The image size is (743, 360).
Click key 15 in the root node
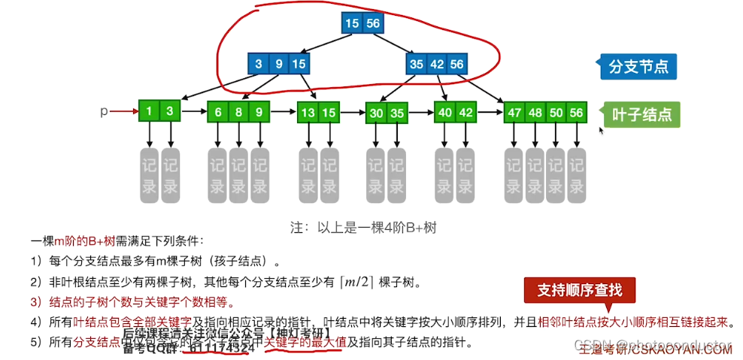coord(352,23)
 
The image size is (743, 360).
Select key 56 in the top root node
coord(373,23)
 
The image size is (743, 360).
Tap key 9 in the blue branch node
coord(279,64)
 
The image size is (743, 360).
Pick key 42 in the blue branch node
coord(436,64)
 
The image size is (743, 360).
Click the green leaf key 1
coord(150,112)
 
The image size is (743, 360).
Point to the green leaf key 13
coord(308,113)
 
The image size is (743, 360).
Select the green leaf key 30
coord(376,113)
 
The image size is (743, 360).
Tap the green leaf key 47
coord(514,113)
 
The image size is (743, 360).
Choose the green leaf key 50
coord(556,113)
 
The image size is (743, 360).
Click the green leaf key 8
coord(238,113)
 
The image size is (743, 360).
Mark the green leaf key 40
coord(444,113)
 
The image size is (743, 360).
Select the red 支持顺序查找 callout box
coord(579,290)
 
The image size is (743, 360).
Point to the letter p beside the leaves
coord(105,111)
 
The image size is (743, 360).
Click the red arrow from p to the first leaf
coord(124,112)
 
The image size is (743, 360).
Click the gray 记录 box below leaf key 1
coord(150,176)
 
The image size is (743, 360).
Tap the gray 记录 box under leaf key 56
coord(577,176)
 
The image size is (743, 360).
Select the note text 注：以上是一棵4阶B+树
coord(363,226)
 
